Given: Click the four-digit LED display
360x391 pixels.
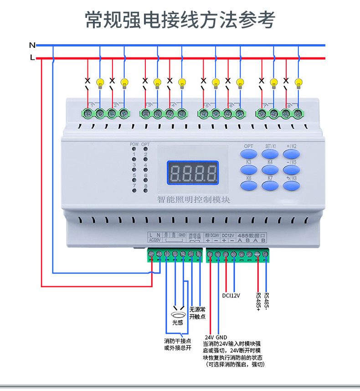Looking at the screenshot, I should (192, 173).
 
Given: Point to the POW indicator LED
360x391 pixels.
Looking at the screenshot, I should (134, 149).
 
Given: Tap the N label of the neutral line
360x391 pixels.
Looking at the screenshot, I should (32, 45).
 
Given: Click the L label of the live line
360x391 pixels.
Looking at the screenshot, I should (32, 58).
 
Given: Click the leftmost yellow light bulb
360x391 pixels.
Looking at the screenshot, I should (100, 83).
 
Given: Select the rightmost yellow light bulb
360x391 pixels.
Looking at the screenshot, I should (299, 83).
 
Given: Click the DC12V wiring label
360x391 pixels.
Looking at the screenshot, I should (231, 295).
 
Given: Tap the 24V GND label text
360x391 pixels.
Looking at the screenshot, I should (216, 338).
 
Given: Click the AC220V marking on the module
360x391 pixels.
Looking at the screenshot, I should (155, 240).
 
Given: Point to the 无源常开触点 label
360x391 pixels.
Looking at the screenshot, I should (197, 313).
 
